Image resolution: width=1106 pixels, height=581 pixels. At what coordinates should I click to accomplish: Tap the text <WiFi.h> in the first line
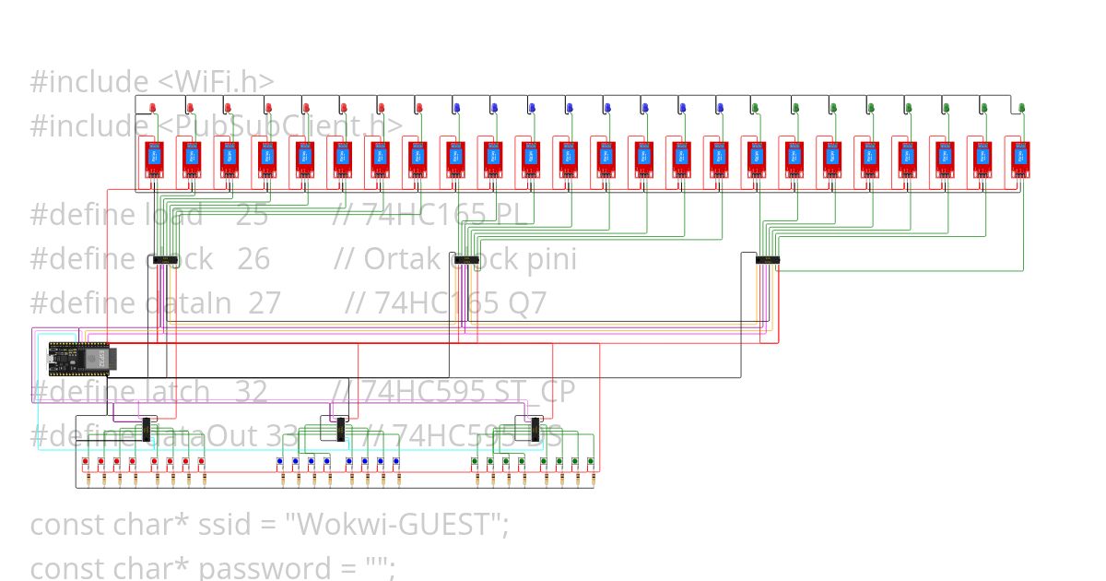[217, 82]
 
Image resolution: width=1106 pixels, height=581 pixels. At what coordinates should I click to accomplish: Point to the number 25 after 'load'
[252, 215]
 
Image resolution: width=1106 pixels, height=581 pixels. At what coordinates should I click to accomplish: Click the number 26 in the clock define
[253, 259]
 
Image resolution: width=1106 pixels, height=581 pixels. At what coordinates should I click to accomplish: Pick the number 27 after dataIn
[265, 302]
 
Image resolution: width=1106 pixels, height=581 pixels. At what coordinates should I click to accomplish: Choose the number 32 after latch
[252, 392]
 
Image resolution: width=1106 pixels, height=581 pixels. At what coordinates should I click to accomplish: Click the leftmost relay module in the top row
[155, 159]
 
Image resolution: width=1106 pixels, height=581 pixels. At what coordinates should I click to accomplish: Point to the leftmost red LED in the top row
[153, 108]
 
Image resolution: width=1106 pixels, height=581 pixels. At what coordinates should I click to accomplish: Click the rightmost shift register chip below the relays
[768, 260]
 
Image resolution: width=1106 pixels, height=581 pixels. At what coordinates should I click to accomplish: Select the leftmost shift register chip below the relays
[164, 260]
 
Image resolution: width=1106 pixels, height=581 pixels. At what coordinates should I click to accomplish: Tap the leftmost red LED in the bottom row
[85, 460]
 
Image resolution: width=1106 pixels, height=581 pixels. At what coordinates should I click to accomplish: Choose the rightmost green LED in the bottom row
[591, 460]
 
